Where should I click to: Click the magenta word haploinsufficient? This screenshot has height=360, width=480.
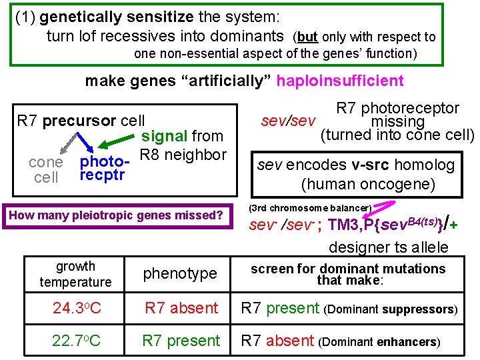[340, 81]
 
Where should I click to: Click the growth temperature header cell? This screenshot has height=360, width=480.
[75, 274]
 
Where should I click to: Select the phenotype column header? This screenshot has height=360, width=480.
[180, 273]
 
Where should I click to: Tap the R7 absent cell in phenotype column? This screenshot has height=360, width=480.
[181, 308]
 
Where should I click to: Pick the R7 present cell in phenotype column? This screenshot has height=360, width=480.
[181, 341]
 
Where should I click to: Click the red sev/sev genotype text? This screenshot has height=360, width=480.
[288, 121]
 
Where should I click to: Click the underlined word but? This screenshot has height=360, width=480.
[307, 37]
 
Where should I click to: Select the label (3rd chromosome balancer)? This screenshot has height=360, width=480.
[310, 207]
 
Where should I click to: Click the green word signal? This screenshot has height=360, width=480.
[164, 136]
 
